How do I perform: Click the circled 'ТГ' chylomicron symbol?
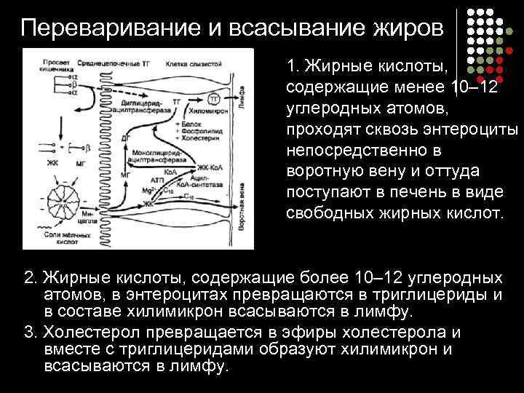point(215,98)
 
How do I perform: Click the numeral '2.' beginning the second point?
point(31,279)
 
